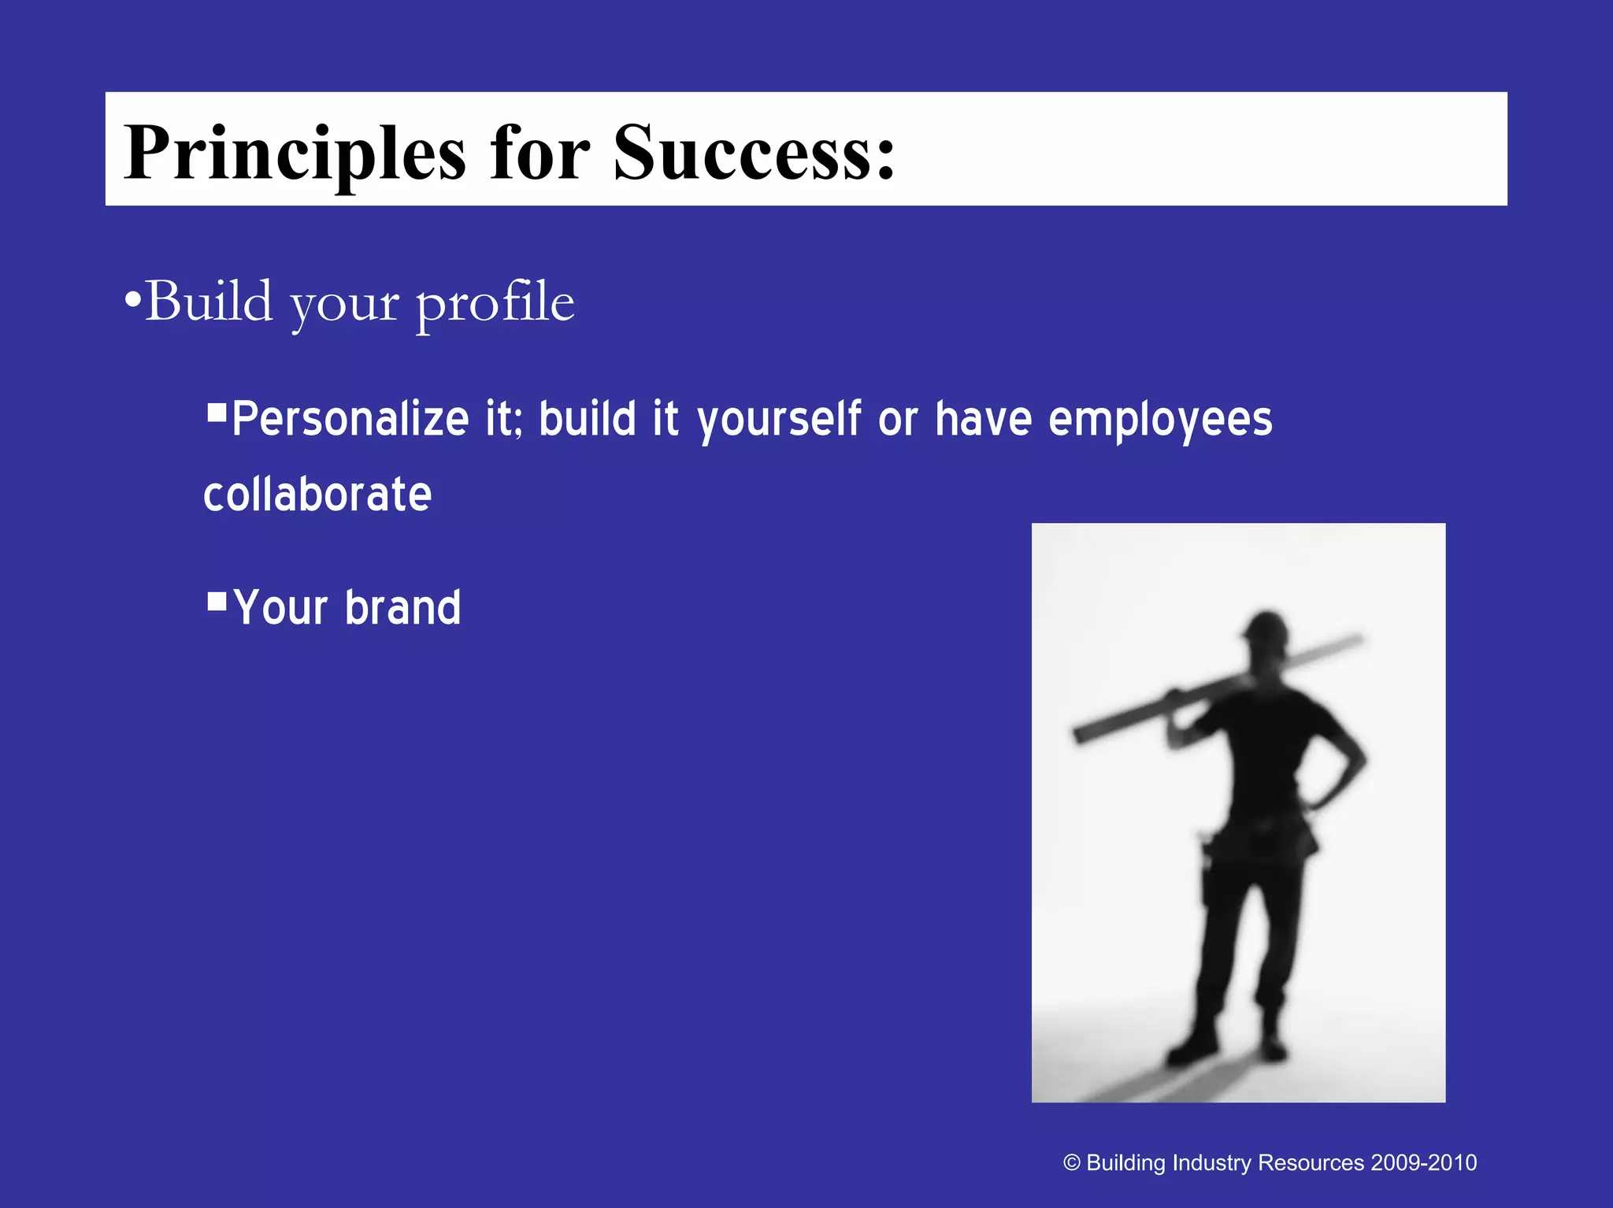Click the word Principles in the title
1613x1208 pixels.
click(295, 153)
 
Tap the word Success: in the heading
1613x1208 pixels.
click(755, 151)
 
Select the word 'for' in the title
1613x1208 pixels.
click(540, 151)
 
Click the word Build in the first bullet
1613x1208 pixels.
click(209, 302)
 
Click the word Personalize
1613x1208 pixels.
click(350, 419)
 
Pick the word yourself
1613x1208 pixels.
click(779, 421)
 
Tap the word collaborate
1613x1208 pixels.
click(317, 495)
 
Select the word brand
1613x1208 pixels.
click(402, 608)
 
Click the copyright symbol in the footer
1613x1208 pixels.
click(1071, 1163)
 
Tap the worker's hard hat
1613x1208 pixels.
click(1266, 626)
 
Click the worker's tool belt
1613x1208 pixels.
click(1260, 839)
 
